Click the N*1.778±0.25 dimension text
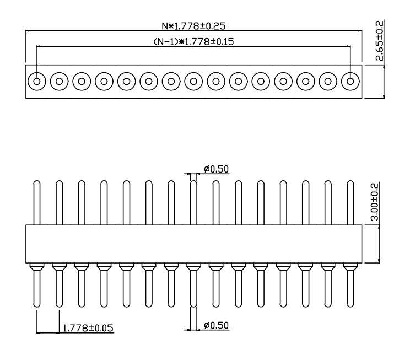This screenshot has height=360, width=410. coord(193,25)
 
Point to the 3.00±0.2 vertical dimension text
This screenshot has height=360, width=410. coord(375,203)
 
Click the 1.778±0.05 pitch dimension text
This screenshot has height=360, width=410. coord(88,329)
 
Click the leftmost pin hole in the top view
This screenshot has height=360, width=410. coord(36,82)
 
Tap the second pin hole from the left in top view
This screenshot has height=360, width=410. coord(59,82)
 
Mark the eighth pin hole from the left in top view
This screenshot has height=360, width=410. coord(193,82)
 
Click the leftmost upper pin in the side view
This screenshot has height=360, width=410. coord(36,202)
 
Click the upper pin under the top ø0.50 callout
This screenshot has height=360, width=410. coord(193,202)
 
